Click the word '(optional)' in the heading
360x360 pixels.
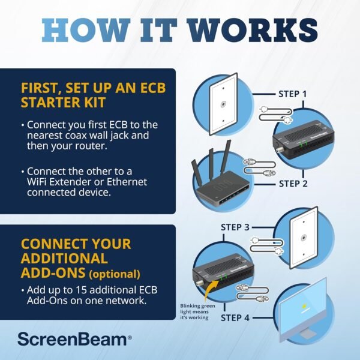(x=113, y=274)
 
